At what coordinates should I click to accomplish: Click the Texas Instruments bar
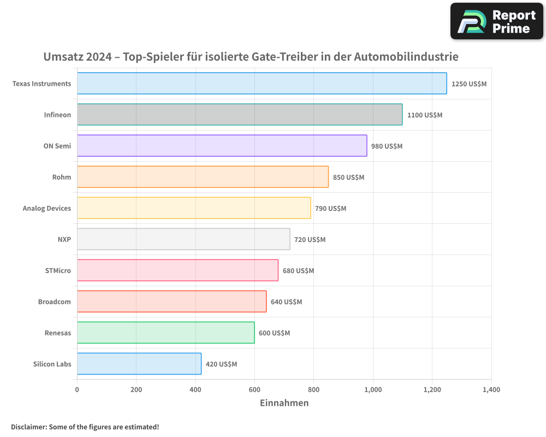click(x=262, y=84)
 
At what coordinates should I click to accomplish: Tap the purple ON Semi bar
click(x=222, y=146)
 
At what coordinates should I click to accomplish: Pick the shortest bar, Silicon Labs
click(x=139, y=364)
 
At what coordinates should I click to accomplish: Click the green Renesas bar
click(x=165, y=333)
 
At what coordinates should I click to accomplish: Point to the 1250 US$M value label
click(x=468, y=84)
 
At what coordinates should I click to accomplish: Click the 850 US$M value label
click(x=348, y=178)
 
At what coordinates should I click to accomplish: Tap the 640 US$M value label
click(x=286, y=302)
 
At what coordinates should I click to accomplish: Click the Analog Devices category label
click(x=47, y=208)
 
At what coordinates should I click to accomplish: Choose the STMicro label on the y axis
click(x=58, y=270)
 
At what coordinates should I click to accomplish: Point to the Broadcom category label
click(x=55, y=302)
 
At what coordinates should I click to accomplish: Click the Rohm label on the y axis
click(x=62, y=177)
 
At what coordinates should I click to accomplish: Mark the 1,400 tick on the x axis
click(x=491, y=390)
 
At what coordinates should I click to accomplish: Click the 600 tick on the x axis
click(x=254, y=390)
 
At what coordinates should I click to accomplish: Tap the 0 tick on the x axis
click(x=77, y=390)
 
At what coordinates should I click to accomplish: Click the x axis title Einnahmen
click(x=284, y=403)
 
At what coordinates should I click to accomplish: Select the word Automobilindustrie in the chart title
click(x=406, y=57)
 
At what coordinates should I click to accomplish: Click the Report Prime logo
click(x=497, y=21)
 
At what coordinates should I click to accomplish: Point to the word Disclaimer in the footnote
click(x=28, y=427)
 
